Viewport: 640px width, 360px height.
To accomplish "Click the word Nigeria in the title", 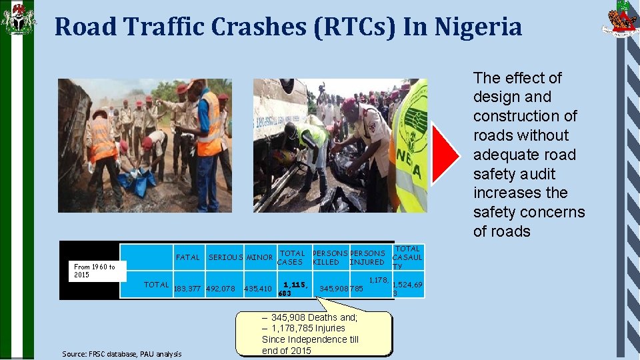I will (478, 27).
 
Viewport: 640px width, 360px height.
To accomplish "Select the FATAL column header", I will (187, 257).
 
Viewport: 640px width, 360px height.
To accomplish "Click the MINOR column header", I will (259, 257).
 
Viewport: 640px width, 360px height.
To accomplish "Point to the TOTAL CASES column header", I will (291, 257).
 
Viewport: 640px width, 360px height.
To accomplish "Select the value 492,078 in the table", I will (221, 289).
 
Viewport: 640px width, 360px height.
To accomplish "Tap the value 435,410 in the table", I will (258, 289).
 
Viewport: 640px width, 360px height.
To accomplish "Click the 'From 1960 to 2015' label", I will (95, 271).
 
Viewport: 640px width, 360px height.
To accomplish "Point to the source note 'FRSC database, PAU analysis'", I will (121, 353).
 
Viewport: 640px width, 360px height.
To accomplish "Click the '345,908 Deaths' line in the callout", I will (309, 317).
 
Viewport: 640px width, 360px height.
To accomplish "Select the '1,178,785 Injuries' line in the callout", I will (308, 328).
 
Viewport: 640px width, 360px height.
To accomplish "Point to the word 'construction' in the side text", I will (525, 116).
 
